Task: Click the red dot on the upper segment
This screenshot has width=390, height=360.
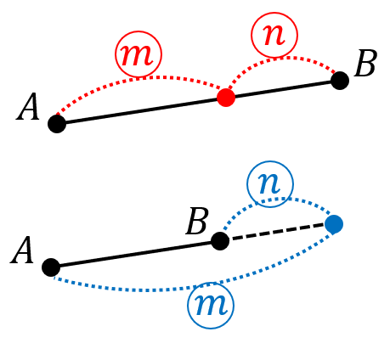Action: click(226, 98)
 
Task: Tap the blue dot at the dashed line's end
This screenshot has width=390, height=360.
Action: click(334, 224)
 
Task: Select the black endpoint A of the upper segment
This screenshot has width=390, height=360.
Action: click(57, 124)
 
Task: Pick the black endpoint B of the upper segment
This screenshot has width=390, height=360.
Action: click(340, 81)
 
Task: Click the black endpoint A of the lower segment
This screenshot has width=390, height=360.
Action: click(51, 267)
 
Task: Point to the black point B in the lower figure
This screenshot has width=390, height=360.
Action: click(220, 241)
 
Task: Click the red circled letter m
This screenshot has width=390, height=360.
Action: click(138, 54)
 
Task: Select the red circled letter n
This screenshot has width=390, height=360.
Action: click(274, 35)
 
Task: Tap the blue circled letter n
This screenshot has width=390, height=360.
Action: click(270, 184)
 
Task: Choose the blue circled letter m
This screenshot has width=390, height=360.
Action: click(211, 306)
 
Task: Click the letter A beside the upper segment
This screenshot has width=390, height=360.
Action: click(27, 107)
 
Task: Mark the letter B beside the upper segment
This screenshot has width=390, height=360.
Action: click(365, 63)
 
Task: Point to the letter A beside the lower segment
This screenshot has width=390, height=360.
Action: click(22, 250)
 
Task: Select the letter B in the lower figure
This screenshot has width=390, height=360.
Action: click(197, 221)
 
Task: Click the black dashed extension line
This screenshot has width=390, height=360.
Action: click(279, 232)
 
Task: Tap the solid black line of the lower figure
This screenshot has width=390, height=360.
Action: click(135, 254)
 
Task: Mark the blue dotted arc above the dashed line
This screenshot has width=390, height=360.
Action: click(279, 199)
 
